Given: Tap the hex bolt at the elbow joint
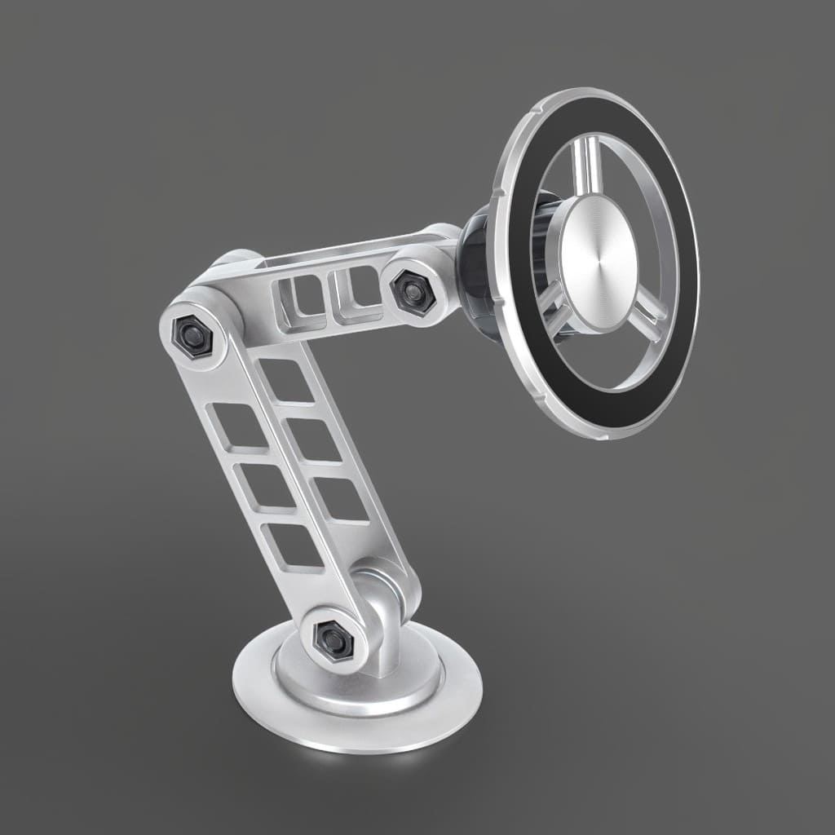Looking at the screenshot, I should coord(192,334).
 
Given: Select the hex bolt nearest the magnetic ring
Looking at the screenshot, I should coord(412,290).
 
